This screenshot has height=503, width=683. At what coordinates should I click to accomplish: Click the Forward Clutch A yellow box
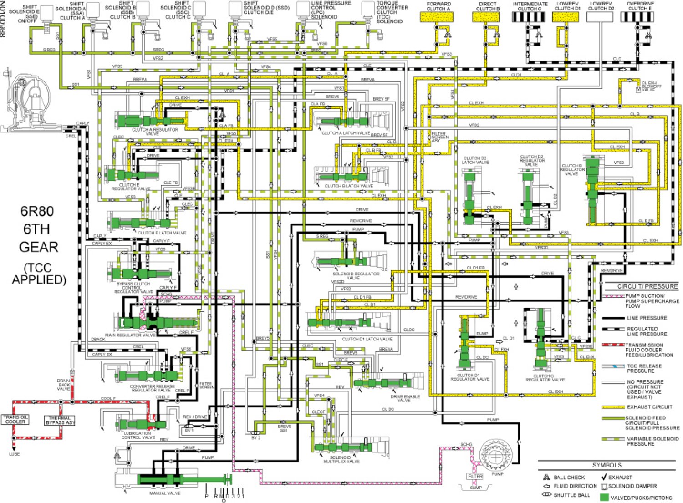436,17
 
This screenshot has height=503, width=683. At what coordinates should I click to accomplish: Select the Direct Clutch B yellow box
485,17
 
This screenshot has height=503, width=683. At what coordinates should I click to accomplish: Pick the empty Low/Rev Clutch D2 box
599,17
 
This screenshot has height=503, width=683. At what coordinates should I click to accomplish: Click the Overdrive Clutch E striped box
637,17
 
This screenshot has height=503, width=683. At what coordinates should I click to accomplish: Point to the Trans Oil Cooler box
15,419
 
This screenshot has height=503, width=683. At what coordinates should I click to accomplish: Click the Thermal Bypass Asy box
60,420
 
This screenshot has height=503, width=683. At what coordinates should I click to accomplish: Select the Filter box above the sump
475,476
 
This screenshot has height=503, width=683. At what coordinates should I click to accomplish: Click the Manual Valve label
165,493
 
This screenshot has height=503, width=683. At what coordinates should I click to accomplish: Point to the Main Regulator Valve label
130,335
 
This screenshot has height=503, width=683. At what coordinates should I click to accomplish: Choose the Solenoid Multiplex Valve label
341,459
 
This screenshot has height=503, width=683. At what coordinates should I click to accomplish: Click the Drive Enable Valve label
405,398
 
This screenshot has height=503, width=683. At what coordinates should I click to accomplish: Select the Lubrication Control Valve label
138,435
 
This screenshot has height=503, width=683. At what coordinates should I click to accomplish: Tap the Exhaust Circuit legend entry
649,407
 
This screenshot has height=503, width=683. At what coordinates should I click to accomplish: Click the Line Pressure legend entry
647,318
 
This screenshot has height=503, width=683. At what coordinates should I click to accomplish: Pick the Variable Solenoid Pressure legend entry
652,441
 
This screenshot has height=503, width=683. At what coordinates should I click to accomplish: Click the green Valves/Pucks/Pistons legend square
604,498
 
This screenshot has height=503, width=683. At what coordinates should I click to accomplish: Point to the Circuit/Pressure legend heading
647,286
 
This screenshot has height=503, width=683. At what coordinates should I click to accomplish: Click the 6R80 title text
37,211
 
